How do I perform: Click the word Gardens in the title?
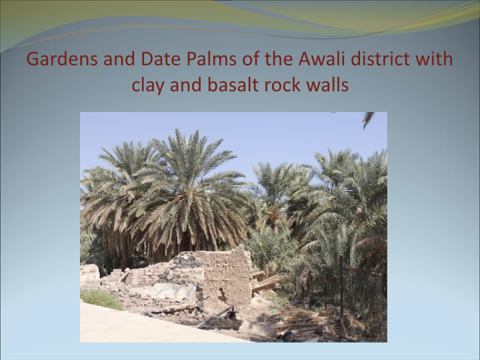(62, 59)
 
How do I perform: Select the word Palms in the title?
(211, 59)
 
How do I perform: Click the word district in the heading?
(380, 59)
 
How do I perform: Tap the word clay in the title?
(148, 85)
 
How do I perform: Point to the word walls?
(327, 85)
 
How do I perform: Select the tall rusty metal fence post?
(341, 296)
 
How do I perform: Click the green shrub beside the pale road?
(101, 299)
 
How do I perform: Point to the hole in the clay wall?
(223, 295)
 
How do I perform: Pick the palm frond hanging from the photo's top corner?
(368, 119)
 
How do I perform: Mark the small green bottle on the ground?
(274, 311)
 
